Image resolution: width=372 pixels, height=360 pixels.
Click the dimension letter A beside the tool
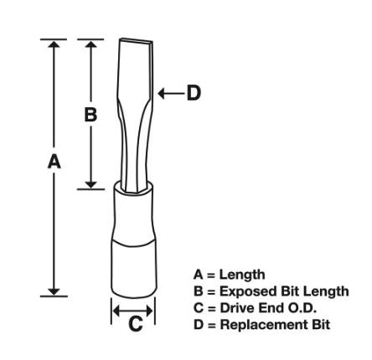pyautogui.click(x=54, y=162)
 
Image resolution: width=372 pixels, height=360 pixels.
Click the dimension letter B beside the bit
pyautogui.click(x=90, y=115)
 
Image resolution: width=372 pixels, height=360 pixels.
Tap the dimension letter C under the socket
pyautogui.click(x=136, y=323)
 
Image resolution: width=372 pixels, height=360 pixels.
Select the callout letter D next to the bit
pyautogui.click(x=194, y=93)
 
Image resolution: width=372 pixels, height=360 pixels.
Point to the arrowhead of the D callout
pyautogui.click(x=161, y=93)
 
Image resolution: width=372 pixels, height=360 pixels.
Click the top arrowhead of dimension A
pyautogui.click(x=54, y=44)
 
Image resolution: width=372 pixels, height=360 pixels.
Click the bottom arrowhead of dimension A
pyautogui.click(x=54, y=291)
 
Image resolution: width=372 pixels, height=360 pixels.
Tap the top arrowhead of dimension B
pyautogui.click(x=90, y=44)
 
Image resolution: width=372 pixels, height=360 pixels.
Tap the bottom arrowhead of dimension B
pyautogui.click(x=90, y=184)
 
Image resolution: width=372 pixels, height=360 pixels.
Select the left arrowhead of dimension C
pyautogui.click(x=116, y=311)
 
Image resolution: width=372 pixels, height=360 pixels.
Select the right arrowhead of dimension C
pyautogui.click(x=150, y=311)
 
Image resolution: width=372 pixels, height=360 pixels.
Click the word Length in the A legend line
pyautogui.click(x=242, y=275)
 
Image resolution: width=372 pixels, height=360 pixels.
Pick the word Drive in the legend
pyautogui.click(x=237, y=308)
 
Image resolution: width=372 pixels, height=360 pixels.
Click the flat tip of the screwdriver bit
pyautogui.click(x=136, y=40)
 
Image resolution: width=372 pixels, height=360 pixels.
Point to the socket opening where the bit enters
pyautogui.click(x=133, y=187)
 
